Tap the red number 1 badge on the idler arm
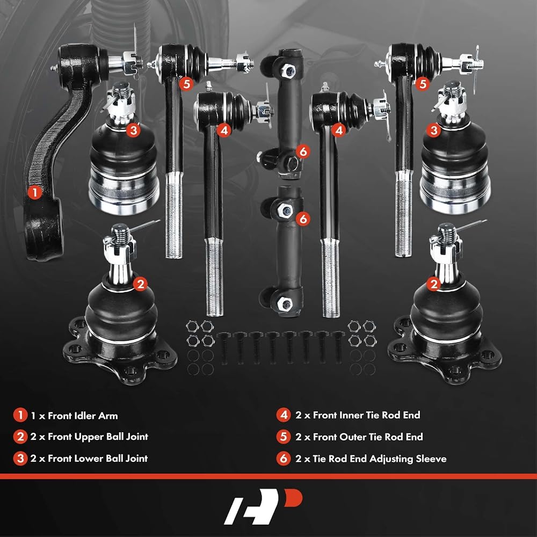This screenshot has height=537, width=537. click(x=34, y=192)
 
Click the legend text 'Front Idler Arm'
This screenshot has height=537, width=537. click(x=83, y=416)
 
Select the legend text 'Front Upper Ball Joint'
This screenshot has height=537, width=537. click(x=98, y=437)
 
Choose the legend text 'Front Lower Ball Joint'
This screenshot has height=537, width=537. click(x=98, y=459)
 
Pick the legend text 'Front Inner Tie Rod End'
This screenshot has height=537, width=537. click(x=366, y=415)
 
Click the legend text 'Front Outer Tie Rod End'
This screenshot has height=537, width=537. click(x=368, y=437)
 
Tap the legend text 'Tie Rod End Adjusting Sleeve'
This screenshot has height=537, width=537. click(x=380, y=459)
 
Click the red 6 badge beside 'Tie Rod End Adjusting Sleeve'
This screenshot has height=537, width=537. click(x=284, y=459)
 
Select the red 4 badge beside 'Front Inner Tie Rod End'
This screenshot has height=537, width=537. click(x=284, y=415)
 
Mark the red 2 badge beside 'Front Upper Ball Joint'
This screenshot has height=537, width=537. click(x=20, y=437)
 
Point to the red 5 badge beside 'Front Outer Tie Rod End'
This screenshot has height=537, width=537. click(x=284, y=437)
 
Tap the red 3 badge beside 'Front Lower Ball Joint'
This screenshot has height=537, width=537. click(x=20, y=459)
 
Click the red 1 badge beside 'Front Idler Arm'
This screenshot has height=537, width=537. click(x=20, y=415)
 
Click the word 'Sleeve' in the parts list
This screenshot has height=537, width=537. click(x=431, y=459)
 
